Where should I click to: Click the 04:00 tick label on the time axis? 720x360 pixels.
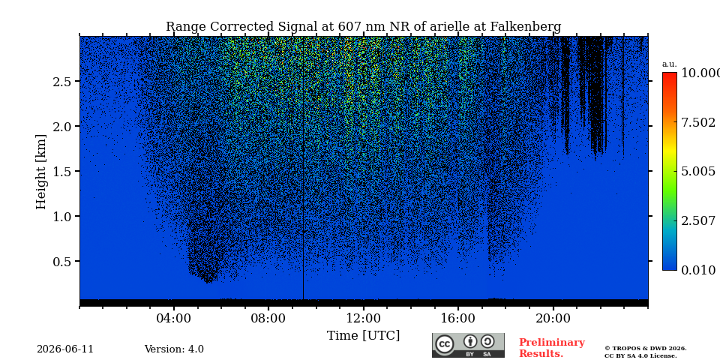(173, 319)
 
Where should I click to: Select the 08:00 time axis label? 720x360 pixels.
(268, 319)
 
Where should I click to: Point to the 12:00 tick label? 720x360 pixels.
(364, 319)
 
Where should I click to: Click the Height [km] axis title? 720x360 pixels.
(41, 172)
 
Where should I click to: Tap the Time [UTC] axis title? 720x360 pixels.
(363, 336)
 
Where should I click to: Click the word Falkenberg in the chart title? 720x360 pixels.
(526, 27)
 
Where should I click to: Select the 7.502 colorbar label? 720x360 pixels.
(698, 122)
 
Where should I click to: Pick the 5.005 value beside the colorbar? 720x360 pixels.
(698, 171)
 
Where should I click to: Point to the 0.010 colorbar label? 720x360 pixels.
(698, 270)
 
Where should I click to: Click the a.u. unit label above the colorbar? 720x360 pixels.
(670, 64)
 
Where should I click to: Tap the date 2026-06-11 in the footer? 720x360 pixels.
(65, 349)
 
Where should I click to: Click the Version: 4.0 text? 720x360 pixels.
(174, 349)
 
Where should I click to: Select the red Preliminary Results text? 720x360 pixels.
(552, 347)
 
